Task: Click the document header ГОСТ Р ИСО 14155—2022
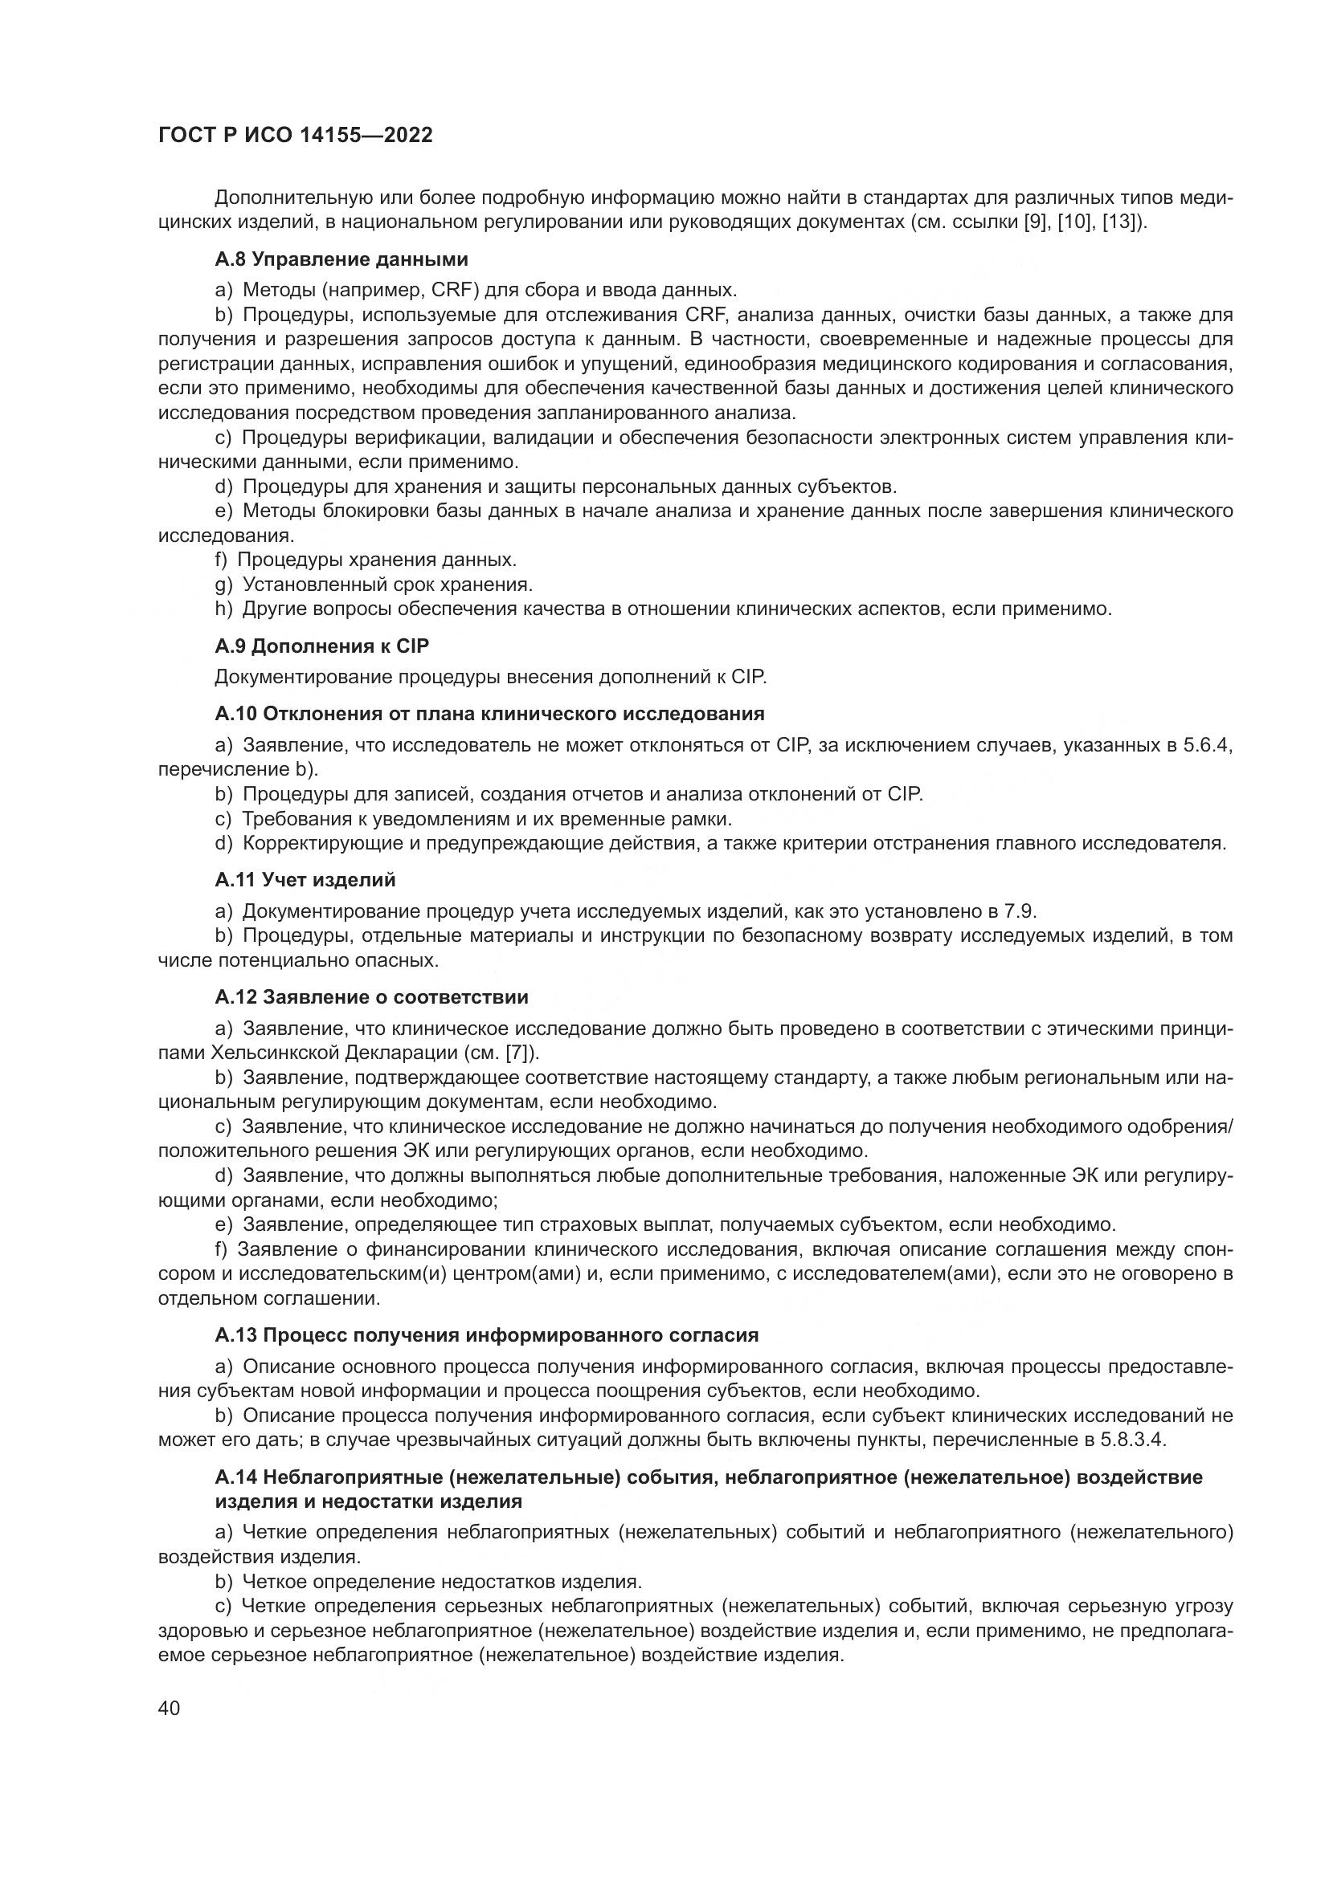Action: [295, 135]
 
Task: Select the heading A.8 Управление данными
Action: [341, 259]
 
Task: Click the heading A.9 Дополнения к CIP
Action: [321, 646]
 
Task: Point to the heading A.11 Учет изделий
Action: [305, 879]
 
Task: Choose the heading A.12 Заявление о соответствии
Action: [371, 997]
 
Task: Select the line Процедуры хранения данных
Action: [376, 560]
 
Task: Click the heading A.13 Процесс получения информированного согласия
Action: [487, 1335]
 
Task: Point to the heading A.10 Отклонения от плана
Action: [489, 713]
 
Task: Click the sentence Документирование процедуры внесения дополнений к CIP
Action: [490, 678]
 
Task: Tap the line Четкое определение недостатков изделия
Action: [442, 1581]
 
